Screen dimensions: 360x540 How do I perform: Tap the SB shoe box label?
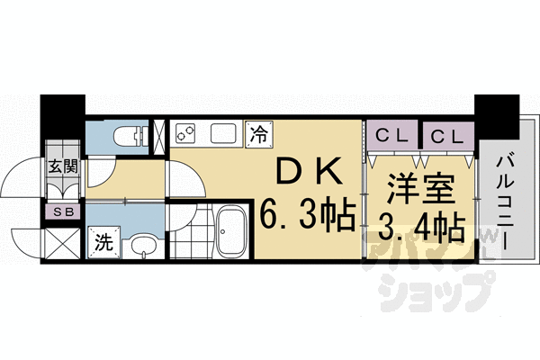pos(62,212)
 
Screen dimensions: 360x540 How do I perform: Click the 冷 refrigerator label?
pos(257,135)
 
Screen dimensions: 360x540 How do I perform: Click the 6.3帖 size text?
pos(307,218)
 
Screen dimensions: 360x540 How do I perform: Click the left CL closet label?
pos(391,137)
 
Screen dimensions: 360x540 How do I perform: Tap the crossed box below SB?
pos(62,241)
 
